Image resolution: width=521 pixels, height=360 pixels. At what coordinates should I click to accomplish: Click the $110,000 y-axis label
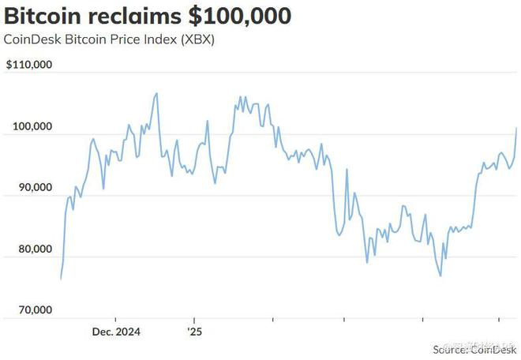(x=29, y=66)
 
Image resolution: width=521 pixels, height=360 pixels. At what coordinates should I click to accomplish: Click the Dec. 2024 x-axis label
(x=115, y=333)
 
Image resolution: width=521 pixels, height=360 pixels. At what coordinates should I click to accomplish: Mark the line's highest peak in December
(x=157, y=93)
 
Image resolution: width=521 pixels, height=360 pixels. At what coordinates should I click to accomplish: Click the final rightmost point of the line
(x=517, y=128)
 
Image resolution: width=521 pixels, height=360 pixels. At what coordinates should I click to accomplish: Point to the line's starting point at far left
(x=61, y=279)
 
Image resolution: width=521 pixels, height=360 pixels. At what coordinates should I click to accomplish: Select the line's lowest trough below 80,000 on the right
(x=440, y=276)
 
